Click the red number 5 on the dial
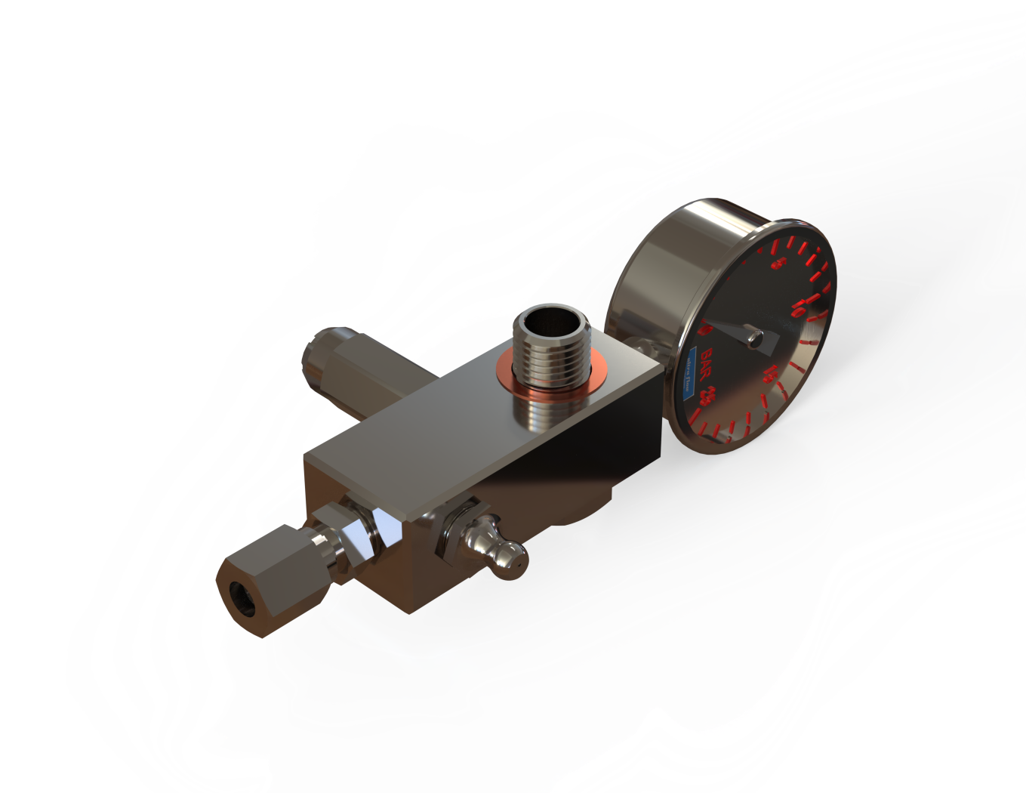coord(778,264)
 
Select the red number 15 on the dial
coord(771,372)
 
